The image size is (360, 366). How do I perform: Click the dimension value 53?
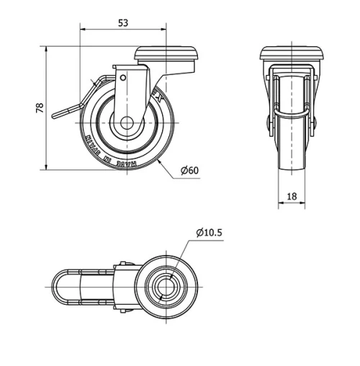click(122, 23)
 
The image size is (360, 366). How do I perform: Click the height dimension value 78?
click(40, 108)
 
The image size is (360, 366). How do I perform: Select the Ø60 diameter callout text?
click(189, 170)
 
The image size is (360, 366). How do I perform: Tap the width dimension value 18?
click(292, 196)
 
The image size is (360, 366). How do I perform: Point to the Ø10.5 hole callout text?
click(209, 232)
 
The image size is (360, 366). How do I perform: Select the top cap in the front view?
click(292, 54)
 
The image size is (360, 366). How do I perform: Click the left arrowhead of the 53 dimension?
click(81, 30)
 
